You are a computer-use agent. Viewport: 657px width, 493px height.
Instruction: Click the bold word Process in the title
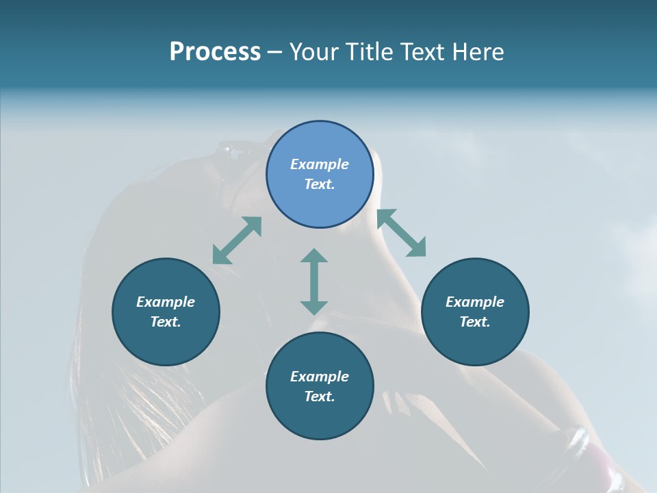pos(215,52)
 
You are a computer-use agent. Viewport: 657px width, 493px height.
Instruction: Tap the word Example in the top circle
pos(320,164)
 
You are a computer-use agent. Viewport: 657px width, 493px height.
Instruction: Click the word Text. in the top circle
pos(320,184)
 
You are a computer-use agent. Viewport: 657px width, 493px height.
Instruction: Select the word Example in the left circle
pos(166,302)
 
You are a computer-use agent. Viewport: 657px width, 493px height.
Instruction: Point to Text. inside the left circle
pos(166,322)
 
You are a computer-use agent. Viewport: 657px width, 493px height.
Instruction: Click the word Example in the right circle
pos(475,302)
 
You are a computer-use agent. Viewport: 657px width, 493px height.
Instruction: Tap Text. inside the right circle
pos(475,322)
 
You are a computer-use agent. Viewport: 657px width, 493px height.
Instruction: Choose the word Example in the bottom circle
pos(320,377)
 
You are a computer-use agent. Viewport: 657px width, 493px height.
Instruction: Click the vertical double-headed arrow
pos(314,281)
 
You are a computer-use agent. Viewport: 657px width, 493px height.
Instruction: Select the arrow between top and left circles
pos(237,240)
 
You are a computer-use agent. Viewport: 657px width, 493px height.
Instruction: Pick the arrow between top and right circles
pos(401,233)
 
